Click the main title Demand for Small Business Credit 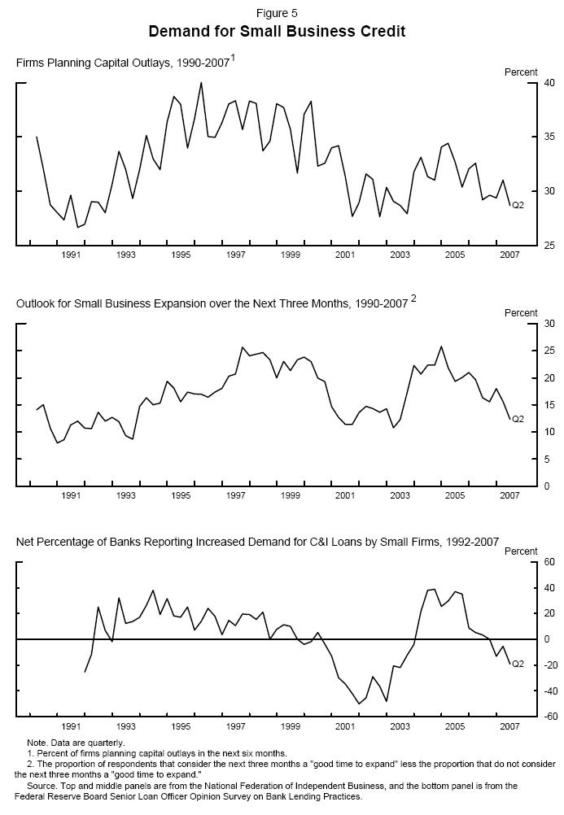pos(277,32)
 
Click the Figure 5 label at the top pos(277,13)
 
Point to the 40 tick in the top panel pos(549,83)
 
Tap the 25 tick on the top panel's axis pos(549,245)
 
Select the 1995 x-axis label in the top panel pos(181,255)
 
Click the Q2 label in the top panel pos(518,205)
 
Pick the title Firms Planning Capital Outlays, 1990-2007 pos(123,63)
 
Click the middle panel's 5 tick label pos(547,459)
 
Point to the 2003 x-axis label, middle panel pos(400,495)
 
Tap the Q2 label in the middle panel pos(518,419)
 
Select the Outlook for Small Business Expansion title pos(212,303)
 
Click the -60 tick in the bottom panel pos(548,716)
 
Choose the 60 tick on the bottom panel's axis pos(549,562)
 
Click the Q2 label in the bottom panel pos(518,665)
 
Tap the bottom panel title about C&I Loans pos(257,541)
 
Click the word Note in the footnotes pos(37,743)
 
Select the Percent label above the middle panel pos(521,313)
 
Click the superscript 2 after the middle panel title pos(413,299)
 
